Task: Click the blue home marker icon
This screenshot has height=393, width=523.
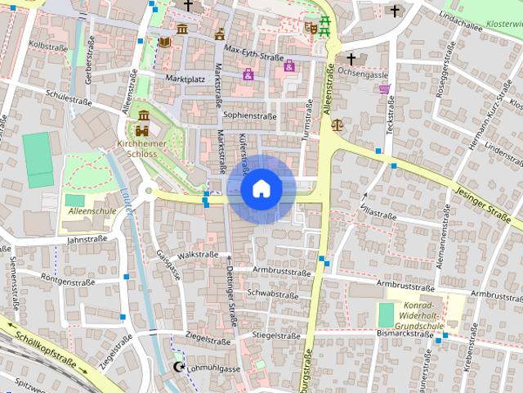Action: pos(261,188)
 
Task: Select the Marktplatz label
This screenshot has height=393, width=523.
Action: pos(185,79)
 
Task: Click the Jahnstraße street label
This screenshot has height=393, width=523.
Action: pos(87,241)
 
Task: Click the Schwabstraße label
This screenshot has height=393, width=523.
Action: pos(273,293)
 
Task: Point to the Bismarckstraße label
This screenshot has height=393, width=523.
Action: pos(405,334)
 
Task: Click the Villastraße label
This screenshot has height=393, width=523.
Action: pos(378,214)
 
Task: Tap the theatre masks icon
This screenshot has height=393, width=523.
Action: pos(310,26)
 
